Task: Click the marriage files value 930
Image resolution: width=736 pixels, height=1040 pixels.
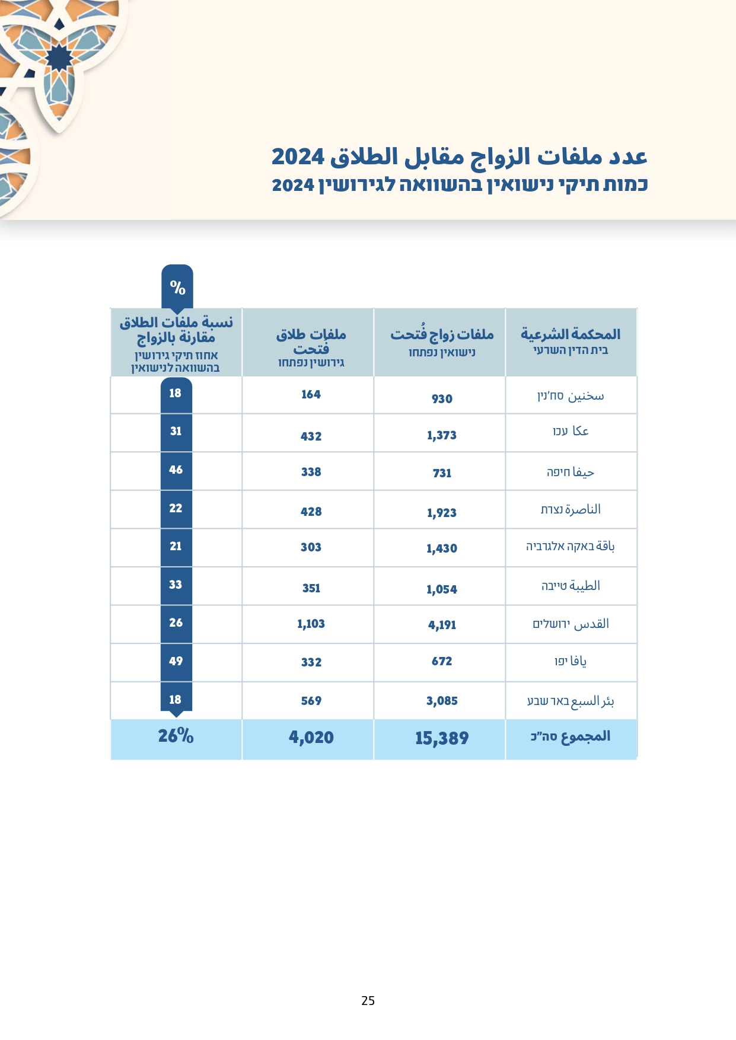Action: coord(442,399)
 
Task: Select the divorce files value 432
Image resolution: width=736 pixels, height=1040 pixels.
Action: coord(311,436)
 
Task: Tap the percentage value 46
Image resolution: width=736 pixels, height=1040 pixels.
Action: coord(176,470)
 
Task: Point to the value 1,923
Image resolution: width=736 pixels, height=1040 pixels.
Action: coord(442,513)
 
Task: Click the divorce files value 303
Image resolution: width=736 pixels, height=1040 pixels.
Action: coord(311,547)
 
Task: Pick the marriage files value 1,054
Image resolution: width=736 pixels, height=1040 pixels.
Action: coord(442,589)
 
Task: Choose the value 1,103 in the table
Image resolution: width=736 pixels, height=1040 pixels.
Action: coord(311,624)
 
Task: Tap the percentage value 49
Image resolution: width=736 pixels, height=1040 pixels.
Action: coord(176,661)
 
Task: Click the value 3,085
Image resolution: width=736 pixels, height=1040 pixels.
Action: coord(442,701)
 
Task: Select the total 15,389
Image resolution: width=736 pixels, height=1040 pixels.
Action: coord(442,738)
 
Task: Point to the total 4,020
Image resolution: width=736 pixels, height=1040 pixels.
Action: coord(311,738)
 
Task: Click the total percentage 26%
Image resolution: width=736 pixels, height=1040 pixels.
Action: coord(176,736)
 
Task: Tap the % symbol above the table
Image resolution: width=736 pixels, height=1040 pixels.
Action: coord(177,288)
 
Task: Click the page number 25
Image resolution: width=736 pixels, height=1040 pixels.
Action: coord(368,1001)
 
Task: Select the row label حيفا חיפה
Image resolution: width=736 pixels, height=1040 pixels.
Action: coord(571,473)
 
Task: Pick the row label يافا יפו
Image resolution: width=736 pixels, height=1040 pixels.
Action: coord(571,661)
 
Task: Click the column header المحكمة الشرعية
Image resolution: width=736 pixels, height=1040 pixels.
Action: coord(571,335)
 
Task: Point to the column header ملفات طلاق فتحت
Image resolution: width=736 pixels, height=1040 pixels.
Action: coord(311,342)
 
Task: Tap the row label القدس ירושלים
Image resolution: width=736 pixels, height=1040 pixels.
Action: coord(571,624)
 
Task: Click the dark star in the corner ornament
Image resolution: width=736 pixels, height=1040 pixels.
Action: coord(59,58)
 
